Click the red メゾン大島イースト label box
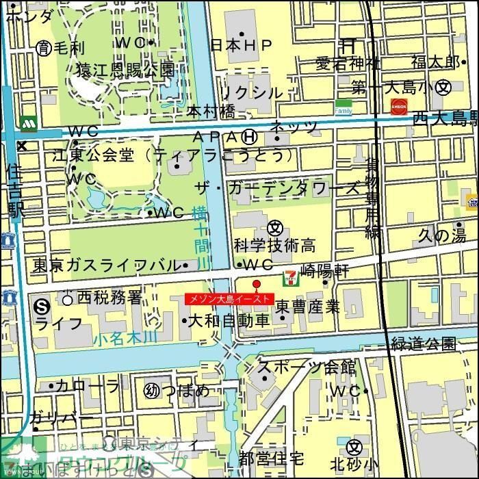coord(229,299)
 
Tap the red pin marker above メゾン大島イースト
coord(257,284)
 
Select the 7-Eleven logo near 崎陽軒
coord(289,276)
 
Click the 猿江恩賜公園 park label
coord(125,69)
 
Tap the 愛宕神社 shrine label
coord(348,64)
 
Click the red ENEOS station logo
coord(398,107)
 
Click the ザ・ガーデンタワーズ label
coord(277,189)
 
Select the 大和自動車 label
coord(228,320)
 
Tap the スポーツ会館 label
coord(307,367)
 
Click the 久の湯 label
coord(441,235)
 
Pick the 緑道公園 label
coord(424,343)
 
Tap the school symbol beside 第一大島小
coord(445,87)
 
